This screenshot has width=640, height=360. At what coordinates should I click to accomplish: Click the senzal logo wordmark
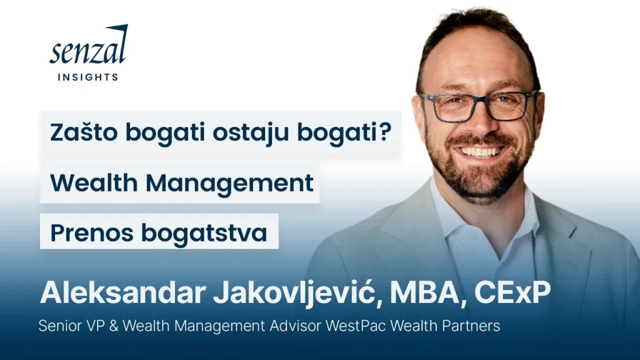pos(89,45)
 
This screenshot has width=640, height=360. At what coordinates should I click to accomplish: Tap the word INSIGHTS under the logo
pos(87,77)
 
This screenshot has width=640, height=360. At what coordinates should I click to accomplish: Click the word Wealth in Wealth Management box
pos(94,182)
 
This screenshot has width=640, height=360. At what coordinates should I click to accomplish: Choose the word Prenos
pos(92,233)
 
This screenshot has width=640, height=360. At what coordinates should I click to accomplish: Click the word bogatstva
pos(204,234)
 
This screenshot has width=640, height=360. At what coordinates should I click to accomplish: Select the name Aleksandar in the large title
pos(123,292)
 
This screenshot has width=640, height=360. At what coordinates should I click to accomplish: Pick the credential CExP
pos(512,292)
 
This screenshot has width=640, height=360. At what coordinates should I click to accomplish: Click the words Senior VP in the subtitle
pos(72,326)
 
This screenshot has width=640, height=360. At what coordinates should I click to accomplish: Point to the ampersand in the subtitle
pos(114,326)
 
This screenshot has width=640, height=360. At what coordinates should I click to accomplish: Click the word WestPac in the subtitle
pos(356,326)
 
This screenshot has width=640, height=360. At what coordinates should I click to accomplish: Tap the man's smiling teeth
pos(482,152)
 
